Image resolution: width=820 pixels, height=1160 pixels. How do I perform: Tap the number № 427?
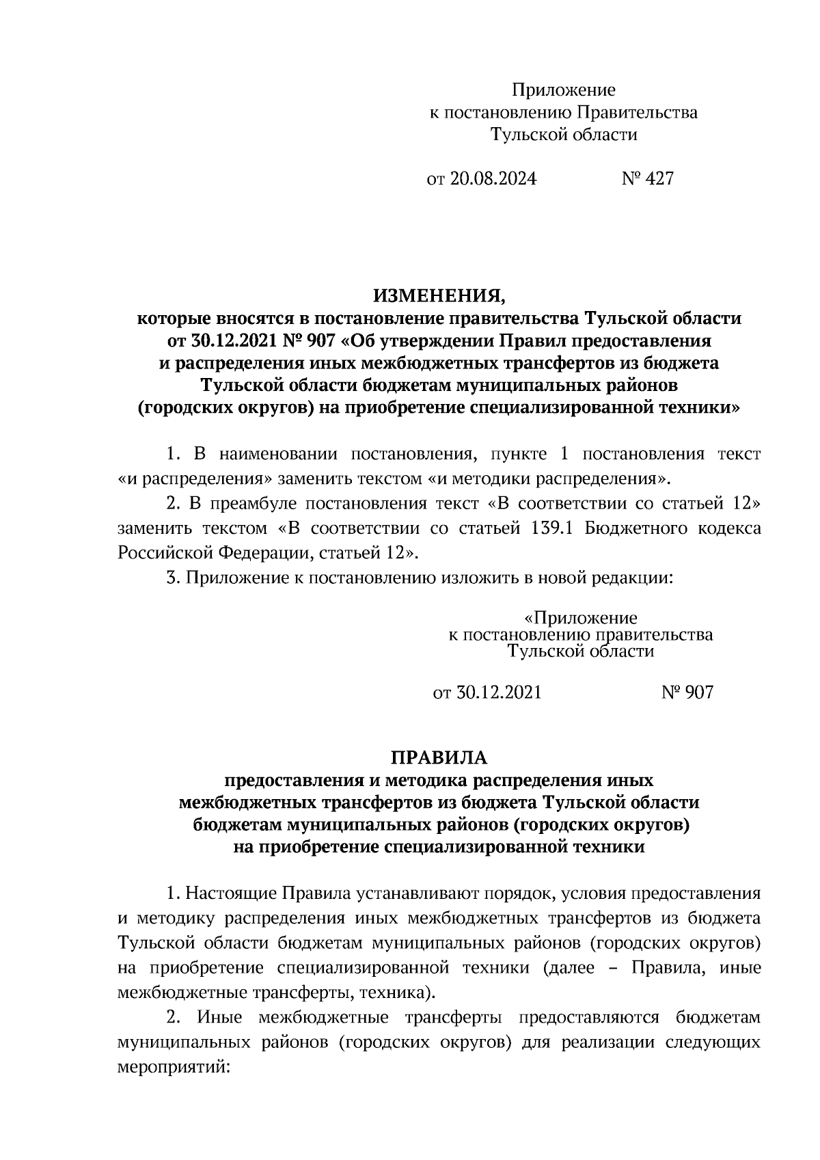click(x=647, y=179)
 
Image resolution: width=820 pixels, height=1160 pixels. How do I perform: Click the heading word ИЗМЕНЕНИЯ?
click(x=439, y=296)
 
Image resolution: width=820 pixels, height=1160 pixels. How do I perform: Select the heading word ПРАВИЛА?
click(x=439, y=758)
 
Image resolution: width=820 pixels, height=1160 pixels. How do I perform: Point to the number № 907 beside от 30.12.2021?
click(x=687, y=692)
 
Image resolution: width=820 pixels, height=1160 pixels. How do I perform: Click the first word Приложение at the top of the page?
click(x=564, y=90)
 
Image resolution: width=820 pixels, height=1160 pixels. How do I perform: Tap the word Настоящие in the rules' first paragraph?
click(x=232, y=893)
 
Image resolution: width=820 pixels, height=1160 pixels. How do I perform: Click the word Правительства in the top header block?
click(x=636, y=112)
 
